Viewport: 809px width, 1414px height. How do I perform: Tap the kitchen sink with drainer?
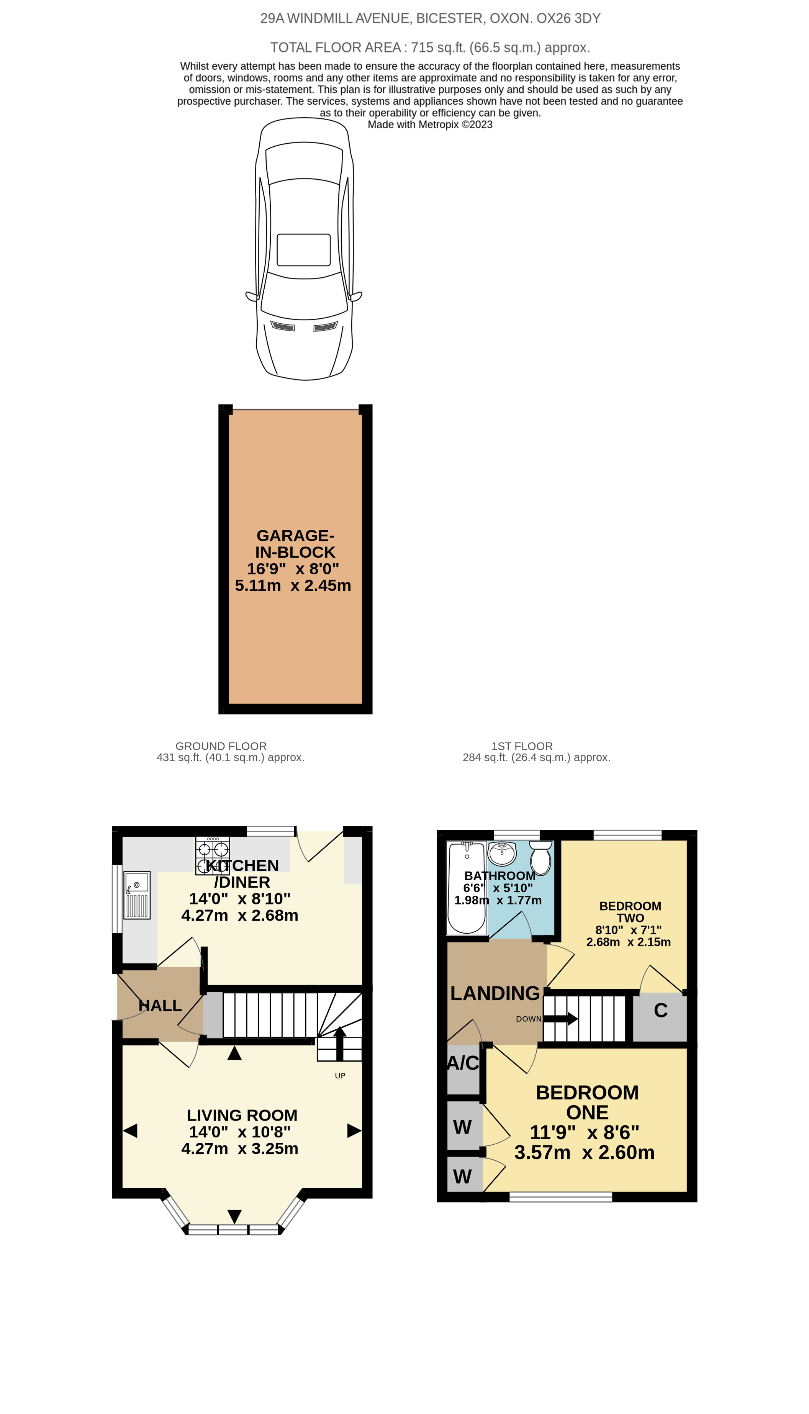tap(137, 895)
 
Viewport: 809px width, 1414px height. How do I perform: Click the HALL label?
tap(160, 1006)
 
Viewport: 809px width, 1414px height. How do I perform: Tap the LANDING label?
tap(495, 993)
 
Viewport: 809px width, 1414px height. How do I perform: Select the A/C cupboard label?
tap(463, 1063)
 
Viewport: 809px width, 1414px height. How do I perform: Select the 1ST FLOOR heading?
tap(522, 746)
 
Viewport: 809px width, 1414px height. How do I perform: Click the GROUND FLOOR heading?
tap(221, 746)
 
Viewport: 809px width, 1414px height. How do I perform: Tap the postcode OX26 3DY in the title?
tap(568, 18)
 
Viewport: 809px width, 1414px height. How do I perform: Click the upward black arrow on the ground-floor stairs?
tap(339, 1045)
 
